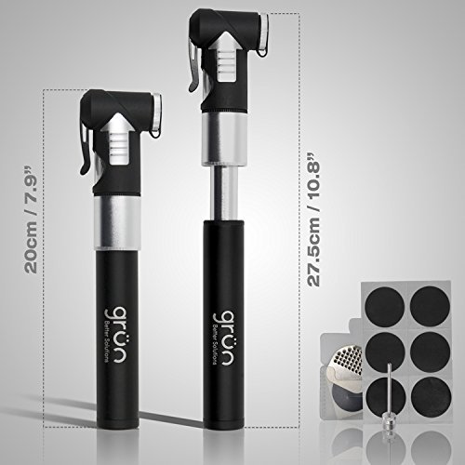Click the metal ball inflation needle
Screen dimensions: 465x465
tap(381, 409)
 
